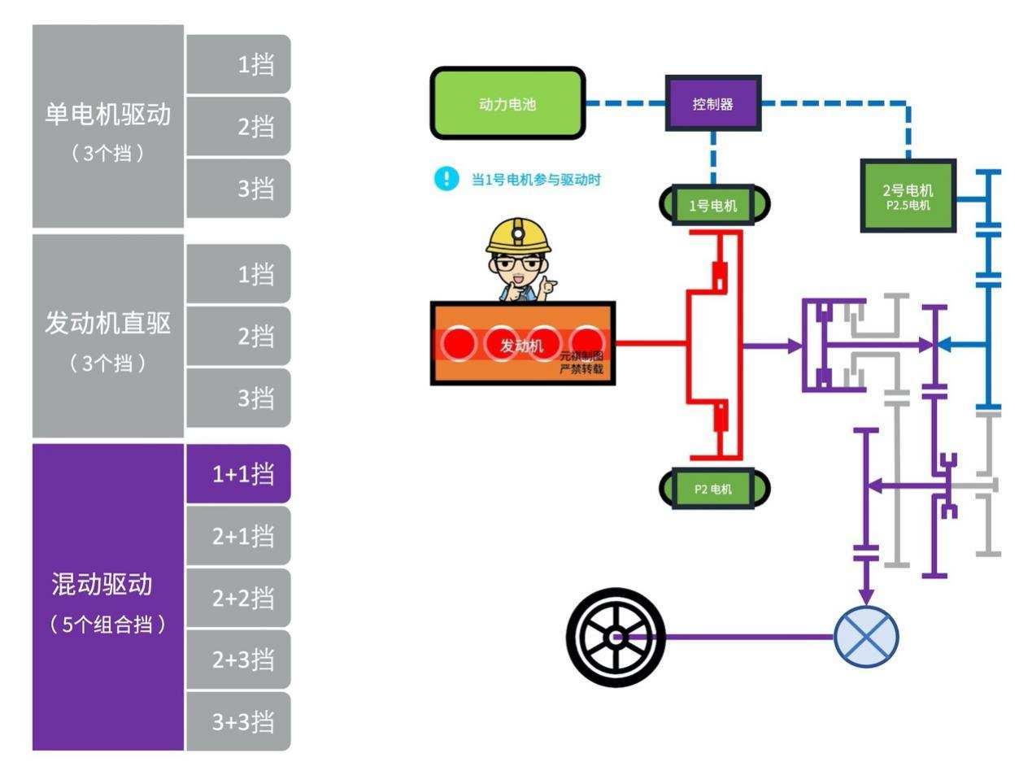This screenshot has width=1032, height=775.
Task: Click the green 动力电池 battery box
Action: pos(507,104)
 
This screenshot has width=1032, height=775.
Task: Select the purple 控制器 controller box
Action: pos(712,104)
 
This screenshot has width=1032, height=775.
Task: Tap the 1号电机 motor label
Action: pos(713,205)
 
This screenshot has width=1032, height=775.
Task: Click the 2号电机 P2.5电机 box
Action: pos(908,196)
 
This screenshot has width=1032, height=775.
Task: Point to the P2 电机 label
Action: pos(713,489)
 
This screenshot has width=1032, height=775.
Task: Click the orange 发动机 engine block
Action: pos(521,344)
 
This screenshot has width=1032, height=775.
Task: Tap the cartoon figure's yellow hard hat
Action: pos(517,234)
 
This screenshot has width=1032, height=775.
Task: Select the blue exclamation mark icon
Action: pos(446,179)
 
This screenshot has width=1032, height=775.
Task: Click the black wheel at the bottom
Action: pos(616,637)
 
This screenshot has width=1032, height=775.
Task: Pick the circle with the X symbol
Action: pos(866,637)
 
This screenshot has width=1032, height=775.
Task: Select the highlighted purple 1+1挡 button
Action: pos(238,474)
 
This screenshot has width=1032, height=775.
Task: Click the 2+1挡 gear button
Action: pos(238,536)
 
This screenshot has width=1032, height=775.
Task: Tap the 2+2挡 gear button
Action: pos(238,598)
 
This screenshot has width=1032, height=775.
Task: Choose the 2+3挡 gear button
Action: pos(238,660)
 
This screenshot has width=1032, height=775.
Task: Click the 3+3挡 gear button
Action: pos(238,721)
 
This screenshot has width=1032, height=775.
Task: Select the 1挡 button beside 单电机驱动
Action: pos(238,64)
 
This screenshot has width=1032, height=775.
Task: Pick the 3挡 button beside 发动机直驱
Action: pos(238,398)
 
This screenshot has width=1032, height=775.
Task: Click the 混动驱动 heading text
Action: pos(102,583)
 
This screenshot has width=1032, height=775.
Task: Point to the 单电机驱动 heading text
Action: pos(107,114)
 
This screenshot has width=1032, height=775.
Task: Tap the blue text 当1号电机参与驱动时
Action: pos(536,180)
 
